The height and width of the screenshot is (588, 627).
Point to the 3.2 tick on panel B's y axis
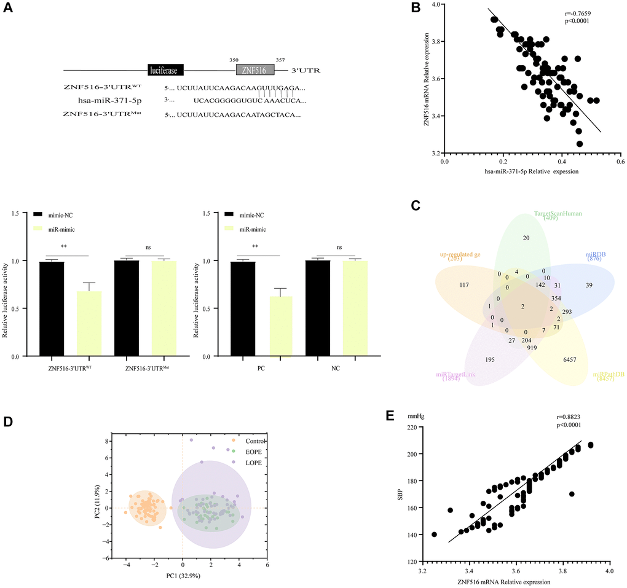point(435,153)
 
